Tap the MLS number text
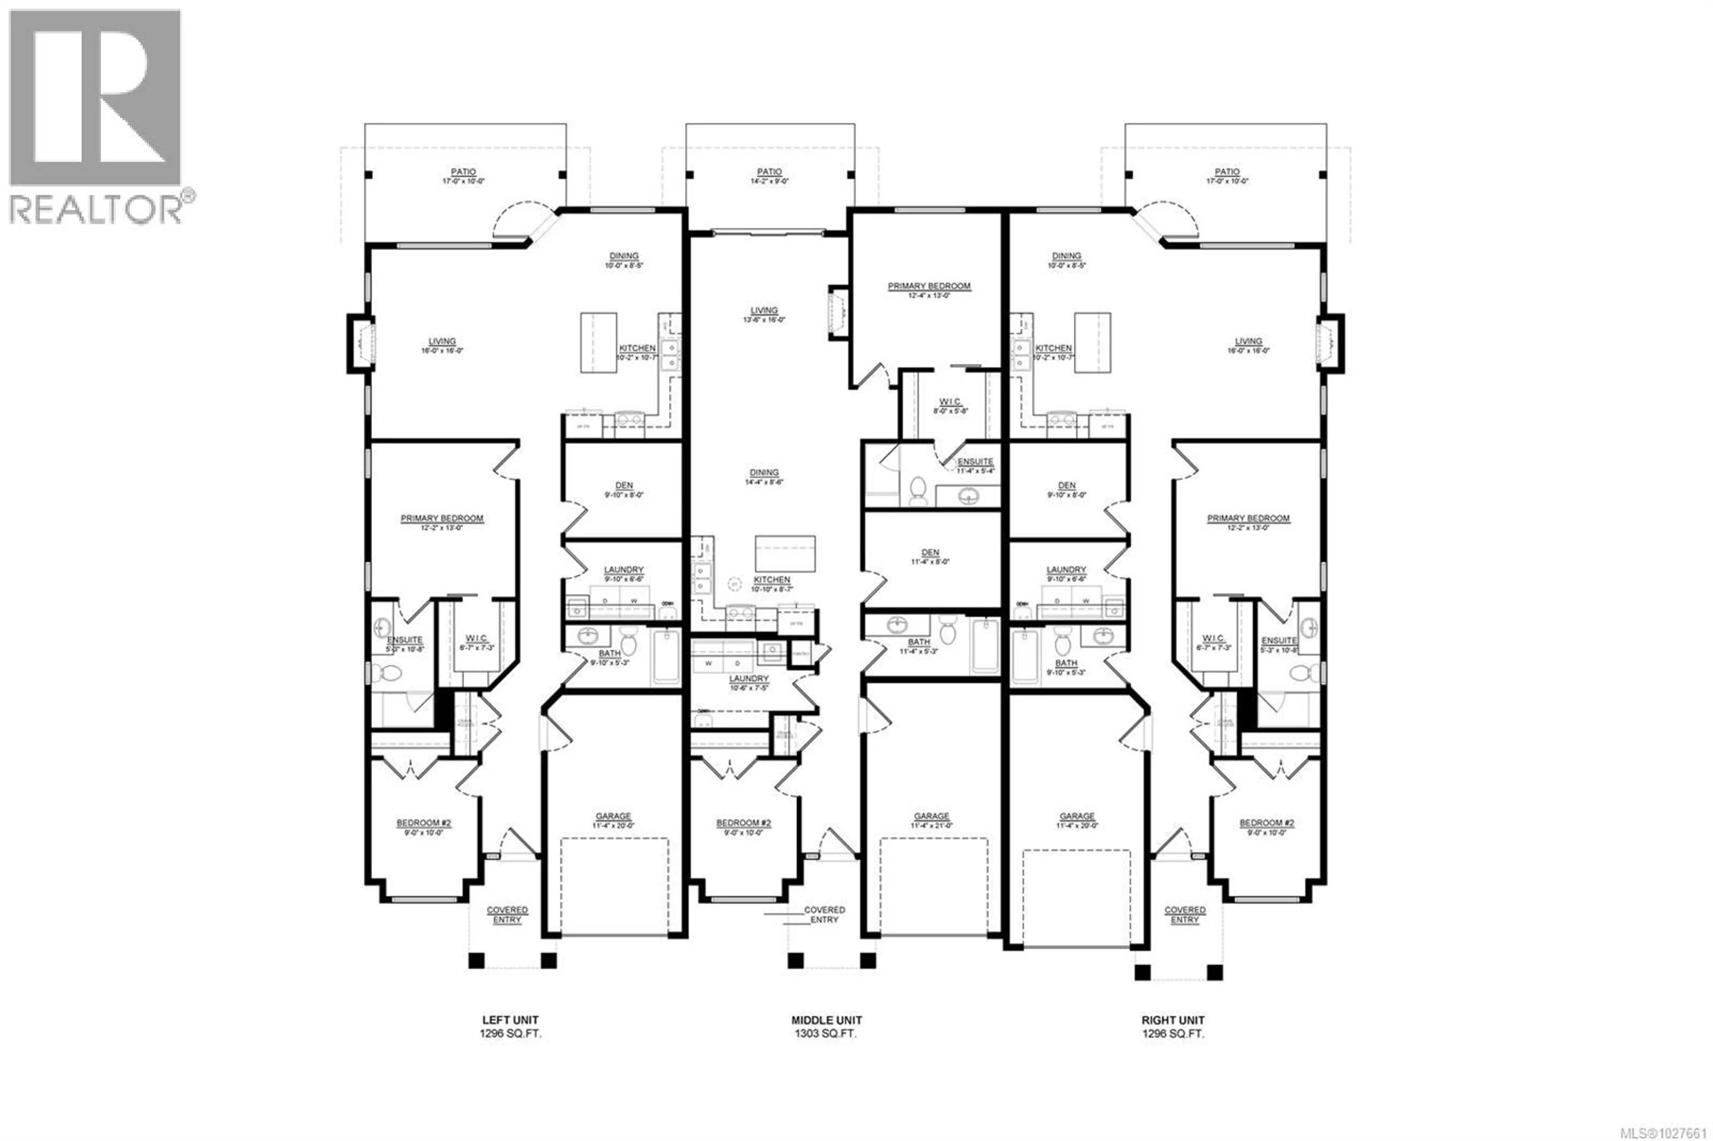click(1668, 1132)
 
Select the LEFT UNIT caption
click(510, 1020)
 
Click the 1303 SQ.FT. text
click(826, 1034)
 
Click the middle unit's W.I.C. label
click(950, 402)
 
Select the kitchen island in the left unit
click(598, 343)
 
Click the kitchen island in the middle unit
click(785, 554)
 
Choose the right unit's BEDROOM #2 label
click(1267, 823)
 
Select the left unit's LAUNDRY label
click(624, 570)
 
